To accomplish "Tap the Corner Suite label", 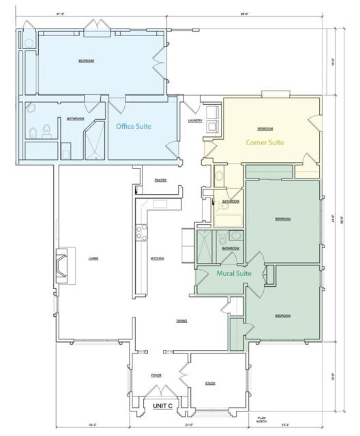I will point(265,142).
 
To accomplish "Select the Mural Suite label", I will point(234,273).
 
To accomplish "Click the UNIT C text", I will point(162,406).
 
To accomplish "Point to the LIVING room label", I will point(93,258).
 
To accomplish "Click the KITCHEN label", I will point(157,258).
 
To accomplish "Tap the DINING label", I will point(181,321).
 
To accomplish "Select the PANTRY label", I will point(161,180).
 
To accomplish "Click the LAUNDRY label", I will point(195,121).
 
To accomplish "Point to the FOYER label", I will point(156,375).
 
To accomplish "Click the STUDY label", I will point(210,383).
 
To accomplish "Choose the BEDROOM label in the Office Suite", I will point(86,61).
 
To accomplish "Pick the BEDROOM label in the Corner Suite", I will point(265,128).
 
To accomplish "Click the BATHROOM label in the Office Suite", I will point(75,119).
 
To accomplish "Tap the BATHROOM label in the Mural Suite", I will point(230,248).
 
